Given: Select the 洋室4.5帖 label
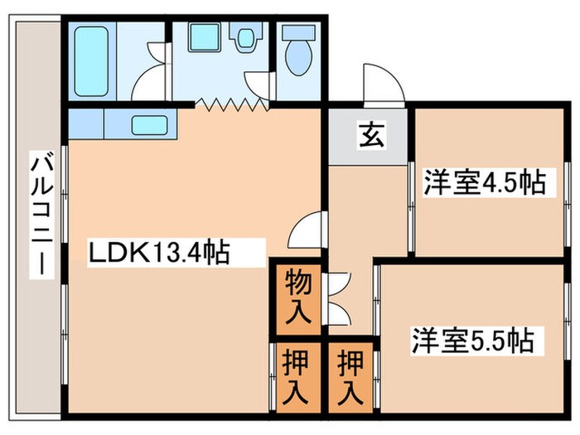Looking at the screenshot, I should pos(486,183).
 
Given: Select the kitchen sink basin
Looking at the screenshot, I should pos(148,126).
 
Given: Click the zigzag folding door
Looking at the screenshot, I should pos(230,104).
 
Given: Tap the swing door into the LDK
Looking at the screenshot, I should pos(307,229).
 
